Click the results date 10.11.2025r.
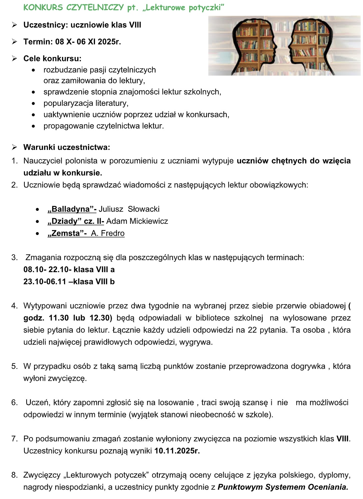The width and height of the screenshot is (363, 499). pos(177,451)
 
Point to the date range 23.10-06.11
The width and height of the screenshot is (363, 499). pos(45,281)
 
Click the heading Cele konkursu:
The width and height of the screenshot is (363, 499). pos(52,59)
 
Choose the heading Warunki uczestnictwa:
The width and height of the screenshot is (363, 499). pos(67,147)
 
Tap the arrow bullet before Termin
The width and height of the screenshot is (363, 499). pos(14,42)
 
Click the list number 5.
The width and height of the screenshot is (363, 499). pos(14,366)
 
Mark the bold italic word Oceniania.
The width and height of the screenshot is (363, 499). pos(328,487)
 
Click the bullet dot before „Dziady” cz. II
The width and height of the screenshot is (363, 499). pos(37,222)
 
